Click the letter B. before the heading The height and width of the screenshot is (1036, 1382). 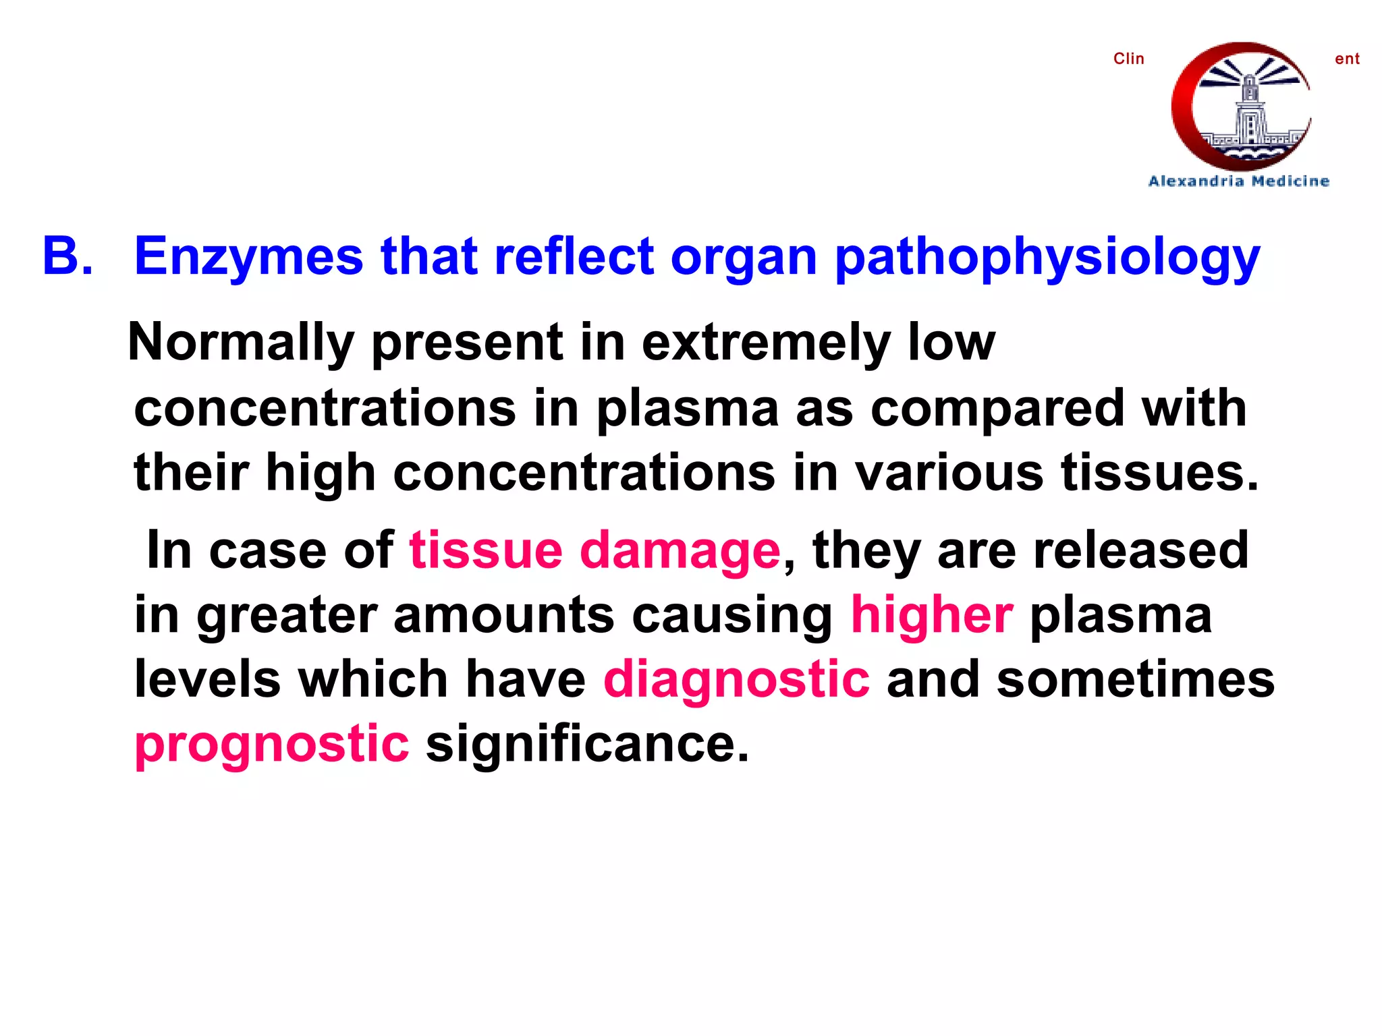67,256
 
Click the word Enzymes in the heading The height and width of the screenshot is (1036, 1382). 248,258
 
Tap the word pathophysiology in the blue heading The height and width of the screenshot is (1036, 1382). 1047,258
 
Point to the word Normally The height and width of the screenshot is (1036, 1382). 241,343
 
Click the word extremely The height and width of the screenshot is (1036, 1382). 766,343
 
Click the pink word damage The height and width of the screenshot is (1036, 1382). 680,551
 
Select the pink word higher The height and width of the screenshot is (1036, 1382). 931,614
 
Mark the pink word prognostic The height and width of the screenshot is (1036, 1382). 271,744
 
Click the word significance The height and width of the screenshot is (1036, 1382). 587,744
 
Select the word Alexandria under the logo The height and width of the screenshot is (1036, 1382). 1196,181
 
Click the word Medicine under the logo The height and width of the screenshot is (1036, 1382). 1290,181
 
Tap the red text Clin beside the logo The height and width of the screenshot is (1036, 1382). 1128,59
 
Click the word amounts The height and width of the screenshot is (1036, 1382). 503,614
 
